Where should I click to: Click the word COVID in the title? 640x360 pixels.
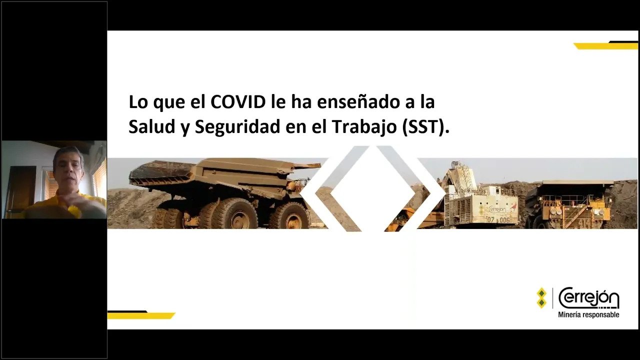[238, 102]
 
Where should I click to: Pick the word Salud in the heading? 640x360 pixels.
[151, 127]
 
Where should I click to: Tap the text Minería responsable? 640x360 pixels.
[588, 314]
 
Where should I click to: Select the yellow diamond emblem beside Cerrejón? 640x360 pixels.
[541, 298]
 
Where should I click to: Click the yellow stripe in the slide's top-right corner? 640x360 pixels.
[605, 45]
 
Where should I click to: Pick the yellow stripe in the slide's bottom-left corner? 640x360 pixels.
[141, 315]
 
